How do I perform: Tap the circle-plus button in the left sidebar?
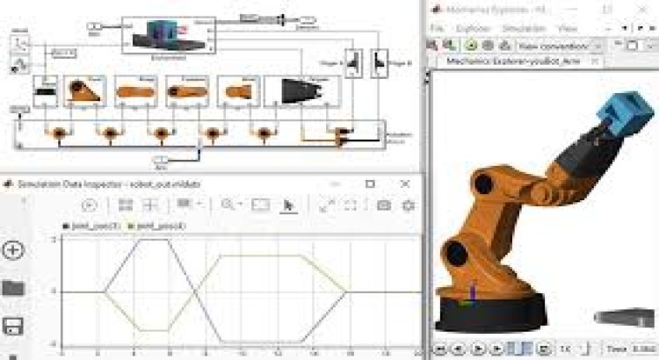13,250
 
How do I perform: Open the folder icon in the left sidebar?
13,288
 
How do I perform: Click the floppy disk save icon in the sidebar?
13,326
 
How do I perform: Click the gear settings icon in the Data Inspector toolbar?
408,205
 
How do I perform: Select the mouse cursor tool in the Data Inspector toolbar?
288,205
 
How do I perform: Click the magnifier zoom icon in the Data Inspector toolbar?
228,205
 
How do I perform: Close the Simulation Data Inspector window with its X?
404,184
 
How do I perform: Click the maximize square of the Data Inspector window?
370,184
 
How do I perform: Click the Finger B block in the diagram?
380,62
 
